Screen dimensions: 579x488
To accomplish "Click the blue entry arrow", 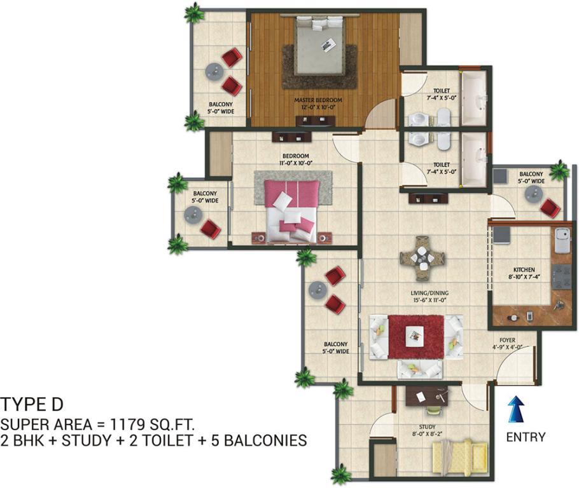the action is [x=516, y=409].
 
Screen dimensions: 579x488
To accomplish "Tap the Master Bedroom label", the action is [x=318, y=100].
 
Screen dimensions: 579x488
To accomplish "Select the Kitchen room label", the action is [x=524, y=269].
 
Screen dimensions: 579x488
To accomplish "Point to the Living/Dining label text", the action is [x=430, y=293].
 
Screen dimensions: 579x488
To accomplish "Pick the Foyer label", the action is [x=507, y=340].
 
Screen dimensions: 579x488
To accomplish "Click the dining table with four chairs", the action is [x=422, y=258].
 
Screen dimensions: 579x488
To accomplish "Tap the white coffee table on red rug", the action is [x=414, y=336].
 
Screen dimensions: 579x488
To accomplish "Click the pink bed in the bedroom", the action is [x=291, y=211].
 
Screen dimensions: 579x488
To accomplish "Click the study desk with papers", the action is [x=428, y=396].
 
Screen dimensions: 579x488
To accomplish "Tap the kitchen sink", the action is [x=562, y=240].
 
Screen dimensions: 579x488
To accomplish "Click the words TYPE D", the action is [x=32, y=404].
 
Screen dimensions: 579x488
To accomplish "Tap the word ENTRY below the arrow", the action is [x=526, y=437].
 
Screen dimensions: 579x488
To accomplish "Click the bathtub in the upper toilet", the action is [x=475, y=98].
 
